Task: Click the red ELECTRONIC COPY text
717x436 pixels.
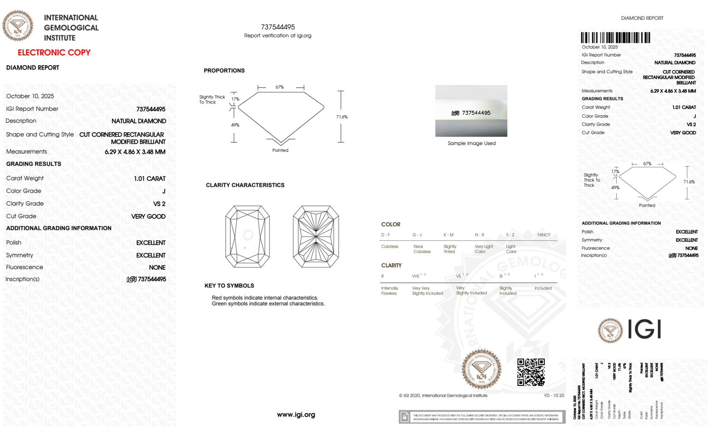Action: pos(54,52)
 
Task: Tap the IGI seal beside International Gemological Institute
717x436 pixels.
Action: pos(18,25)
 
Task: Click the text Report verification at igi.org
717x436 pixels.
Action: pos(278,36)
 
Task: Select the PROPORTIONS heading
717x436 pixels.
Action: pos(224,71)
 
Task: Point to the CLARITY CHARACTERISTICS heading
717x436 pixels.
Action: pos(245,185)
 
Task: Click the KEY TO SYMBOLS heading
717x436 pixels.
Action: pos(229,286)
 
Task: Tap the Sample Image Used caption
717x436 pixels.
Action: pos(472,143)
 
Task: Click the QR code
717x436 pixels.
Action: pos(531,372)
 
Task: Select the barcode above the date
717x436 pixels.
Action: pos(615,38)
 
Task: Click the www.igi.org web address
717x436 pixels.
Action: pos(296,414)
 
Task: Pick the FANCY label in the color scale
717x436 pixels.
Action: pos(544,235)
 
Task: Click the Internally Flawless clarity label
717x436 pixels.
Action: pos(389,291)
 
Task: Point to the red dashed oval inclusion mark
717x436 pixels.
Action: pos(248,235)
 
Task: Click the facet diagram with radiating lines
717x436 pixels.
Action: pos(316,236)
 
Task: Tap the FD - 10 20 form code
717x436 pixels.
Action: pos(554,395)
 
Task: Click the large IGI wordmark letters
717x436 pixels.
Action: pos(645,329)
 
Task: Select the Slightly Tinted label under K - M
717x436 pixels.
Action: pos(450,249)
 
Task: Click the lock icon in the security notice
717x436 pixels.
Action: pos(405,417)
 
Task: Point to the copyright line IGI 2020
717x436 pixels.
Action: pos(443,395)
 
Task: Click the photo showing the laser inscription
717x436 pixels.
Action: pos(471,111)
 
